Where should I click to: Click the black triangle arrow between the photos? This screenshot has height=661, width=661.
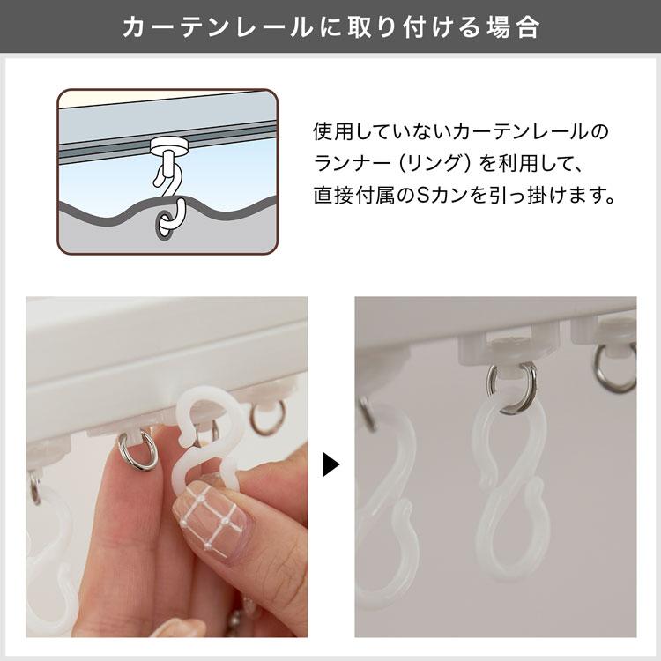pos(331,464)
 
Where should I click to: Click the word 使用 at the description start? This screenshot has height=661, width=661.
pos(330,132)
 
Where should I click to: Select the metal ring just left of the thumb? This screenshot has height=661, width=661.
pos(138,451)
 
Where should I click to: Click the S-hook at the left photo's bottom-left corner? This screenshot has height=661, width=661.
pos(49,555)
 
